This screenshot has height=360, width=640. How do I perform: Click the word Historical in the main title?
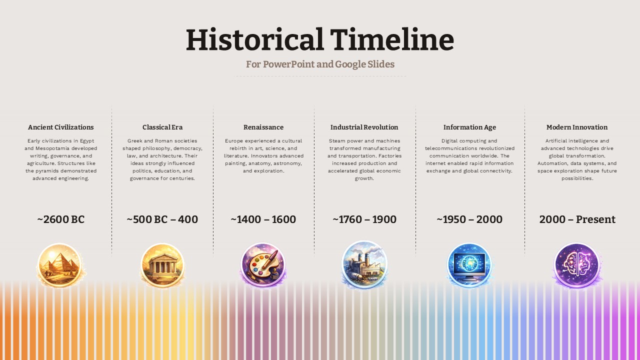tap(254, 40)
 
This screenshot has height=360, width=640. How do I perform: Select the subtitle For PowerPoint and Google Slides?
tap(320, 64)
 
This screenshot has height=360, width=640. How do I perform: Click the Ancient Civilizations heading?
tap(61, 127)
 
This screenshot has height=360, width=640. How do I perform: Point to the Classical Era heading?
tap(162, 127)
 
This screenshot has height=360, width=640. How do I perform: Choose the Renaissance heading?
tap(263, 127)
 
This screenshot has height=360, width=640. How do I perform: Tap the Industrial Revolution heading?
tap(364, 127)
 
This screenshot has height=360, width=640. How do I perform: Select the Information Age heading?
tap(469, 127)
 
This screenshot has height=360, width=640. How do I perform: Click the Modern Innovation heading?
tap(577, 127)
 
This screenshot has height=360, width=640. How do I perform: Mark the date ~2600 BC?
tap(61, 219)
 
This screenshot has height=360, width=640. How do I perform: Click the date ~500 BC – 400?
tap(162, 219)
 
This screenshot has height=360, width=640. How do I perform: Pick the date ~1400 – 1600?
tap(263, 219)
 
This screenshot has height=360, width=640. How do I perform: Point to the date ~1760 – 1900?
tap(364, 219)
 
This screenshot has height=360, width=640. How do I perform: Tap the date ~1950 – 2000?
tap(469, 219)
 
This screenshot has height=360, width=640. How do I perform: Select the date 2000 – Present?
tap(577, 219)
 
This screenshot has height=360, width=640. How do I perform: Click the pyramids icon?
tap(60, 265)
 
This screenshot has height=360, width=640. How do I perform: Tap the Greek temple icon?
tap(162, 265)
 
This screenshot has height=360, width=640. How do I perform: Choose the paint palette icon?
tap(263, 265)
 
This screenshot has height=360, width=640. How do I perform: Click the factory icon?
tap(364, 264)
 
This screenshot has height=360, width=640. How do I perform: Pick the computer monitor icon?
tap(469, 265)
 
